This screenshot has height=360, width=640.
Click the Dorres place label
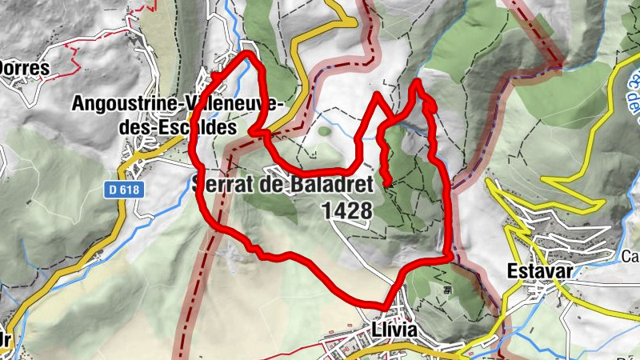coord(24,69)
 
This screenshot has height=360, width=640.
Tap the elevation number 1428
coord(346,210)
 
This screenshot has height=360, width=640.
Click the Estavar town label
coord(539,270)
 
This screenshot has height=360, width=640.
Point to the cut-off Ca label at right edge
coord(630,257)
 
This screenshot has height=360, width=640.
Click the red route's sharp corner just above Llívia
coord(385,306)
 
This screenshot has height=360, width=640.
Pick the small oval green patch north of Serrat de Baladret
coord(324,130)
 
